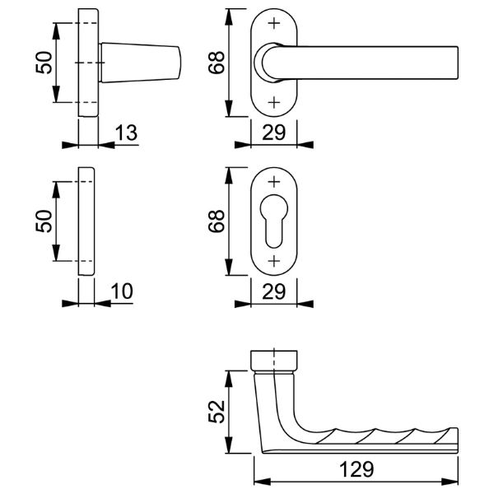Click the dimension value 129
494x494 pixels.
click(357, 469)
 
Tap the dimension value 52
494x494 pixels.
click(217, 412)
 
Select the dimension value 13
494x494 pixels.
click(126, 133)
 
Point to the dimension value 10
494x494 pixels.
click(122, 291)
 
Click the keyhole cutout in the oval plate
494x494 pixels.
click(274, 221)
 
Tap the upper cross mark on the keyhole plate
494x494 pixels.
click(274, 181)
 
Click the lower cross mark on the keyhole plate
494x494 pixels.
click(274, 261)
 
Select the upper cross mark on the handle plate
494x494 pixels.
click(274, 23)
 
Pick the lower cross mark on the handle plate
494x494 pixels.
click(274, 102)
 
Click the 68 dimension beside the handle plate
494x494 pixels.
click(217, 63)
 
